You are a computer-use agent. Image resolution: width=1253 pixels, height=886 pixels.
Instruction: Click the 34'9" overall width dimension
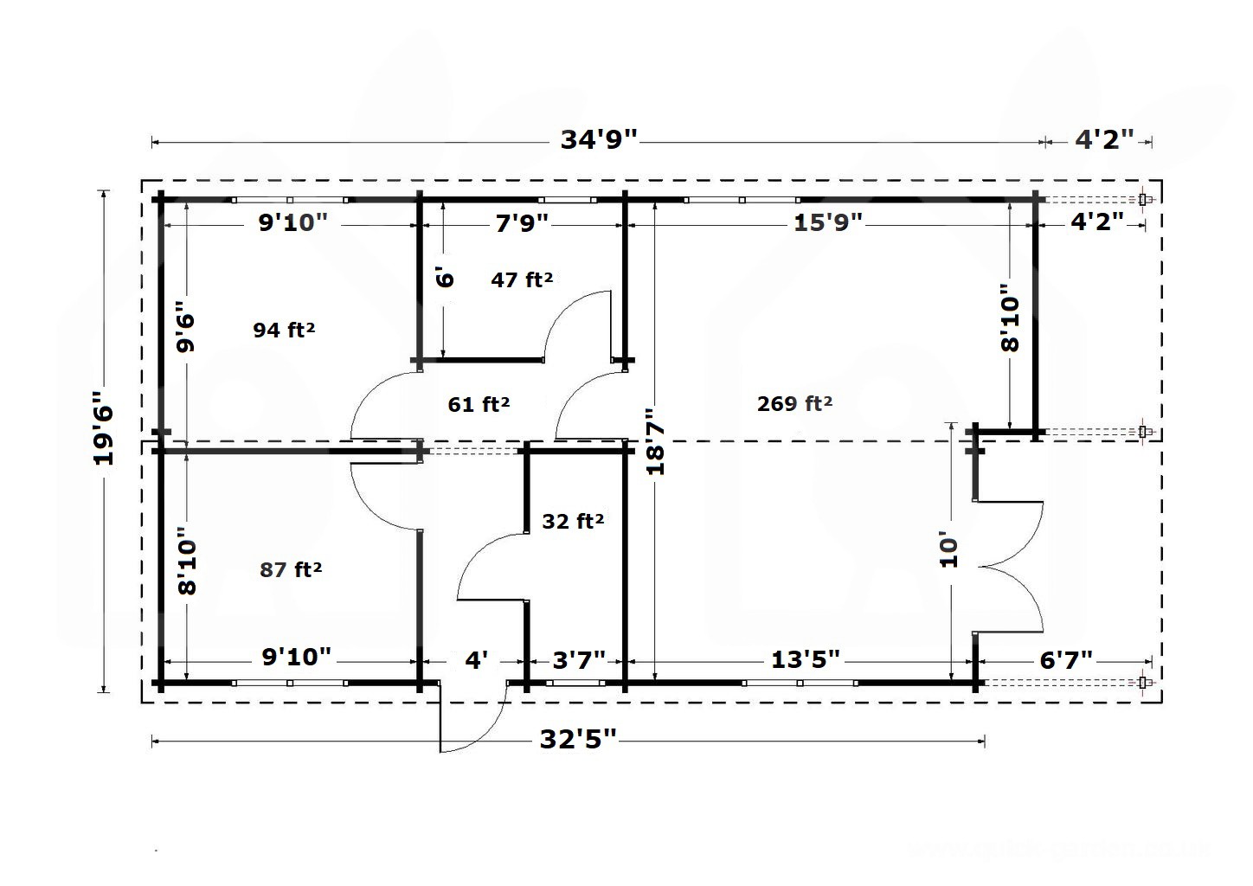click(x=599, y=139)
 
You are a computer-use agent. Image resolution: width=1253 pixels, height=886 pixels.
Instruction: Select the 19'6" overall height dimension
click(x=104, y=428)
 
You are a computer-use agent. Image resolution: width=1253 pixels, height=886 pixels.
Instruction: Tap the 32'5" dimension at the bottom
click(x=578, y=739)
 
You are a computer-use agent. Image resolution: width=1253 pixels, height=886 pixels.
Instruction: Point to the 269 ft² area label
click(x=794, y=403)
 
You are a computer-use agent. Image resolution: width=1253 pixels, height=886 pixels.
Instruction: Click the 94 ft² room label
click(x=284, y=330)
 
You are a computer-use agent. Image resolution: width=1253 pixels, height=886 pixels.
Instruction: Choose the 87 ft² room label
click(x=290, y=569)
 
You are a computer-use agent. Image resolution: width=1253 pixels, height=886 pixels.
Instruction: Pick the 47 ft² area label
click(x=522, y=279)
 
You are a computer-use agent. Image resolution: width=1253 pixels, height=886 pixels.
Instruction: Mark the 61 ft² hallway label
click(x=479, y=404)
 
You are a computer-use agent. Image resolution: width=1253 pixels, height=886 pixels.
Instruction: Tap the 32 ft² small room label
click(x=573, y=521)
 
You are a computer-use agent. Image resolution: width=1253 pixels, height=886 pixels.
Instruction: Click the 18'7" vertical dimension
click(x=655, y=441)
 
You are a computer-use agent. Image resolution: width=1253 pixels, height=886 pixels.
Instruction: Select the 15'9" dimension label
click(x=828, y=222)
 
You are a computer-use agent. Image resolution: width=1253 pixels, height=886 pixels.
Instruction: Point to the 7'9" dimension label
click(x=522, y=223)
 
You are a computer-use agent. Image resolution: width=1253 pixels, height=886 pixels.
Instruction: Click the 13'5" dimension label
click(x=806, y=659)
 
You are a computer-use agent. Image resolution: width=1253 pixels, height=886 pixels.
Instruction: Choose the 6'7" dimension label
click(x=1066, y=660)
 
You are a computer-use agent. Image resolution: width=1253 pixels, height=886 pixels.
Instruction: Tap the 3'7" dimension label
click(x=579, y=660)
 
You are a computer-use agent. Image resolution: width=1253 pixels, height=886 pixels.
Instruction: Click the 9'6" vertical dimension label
click(x=185, y=327)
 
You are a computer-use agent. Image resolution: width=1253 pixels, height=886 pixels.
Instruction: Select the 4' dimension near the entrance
click(x=477, y=660)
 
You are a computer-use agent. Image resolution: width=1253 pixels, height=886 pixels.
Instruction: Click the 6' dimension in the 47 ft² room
click(x=444, y=278)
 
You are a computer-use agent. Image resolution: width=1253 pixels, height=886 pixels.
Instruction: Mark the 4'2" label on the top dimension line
click(x=1105, y=139)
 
